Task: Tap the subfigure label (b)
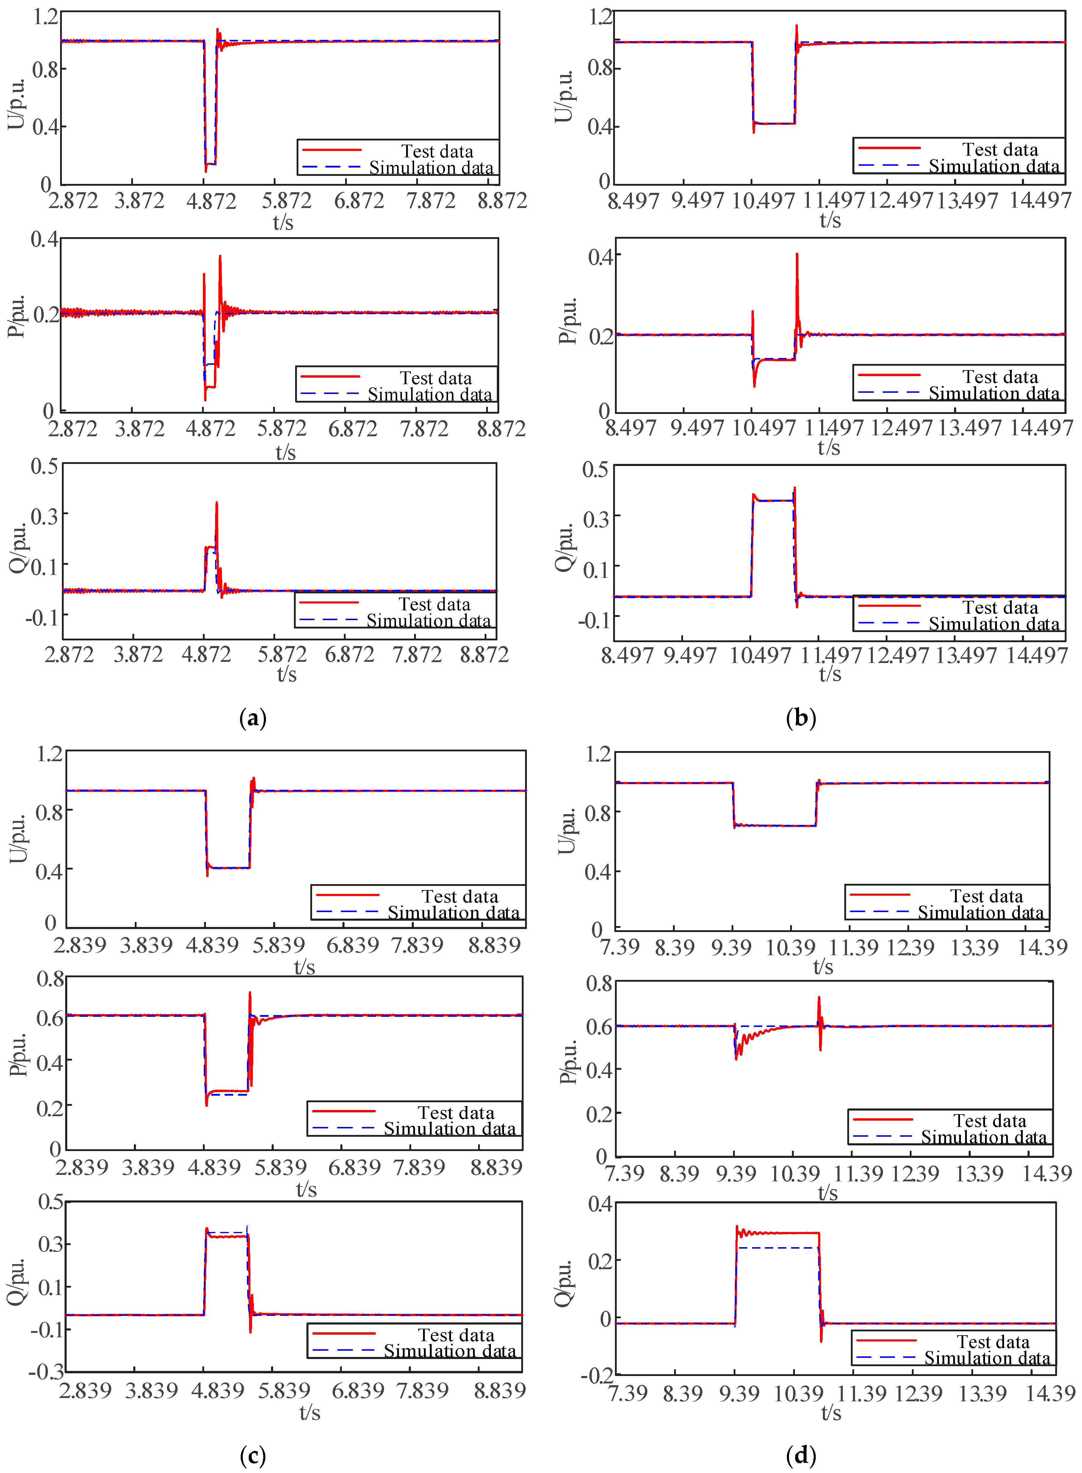click(800, 718)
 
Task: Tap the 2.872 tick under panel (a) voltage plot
click(73, 200)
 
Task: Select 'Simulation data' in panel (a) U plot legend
click(431, 168)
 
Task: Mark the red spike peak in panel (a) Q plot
click(217, 503)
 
